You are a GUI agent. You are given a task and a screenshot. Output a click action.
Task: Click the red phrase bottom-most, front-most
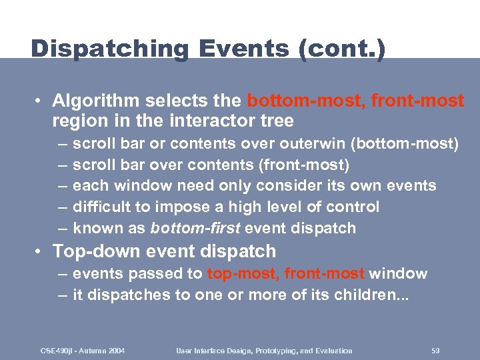click(355, 101)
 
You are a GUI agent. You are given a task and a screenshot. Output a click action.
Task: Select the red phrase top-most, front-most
click(286, 274)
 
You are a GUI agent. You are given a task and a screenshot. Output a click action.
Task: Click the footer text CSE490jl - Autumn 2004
click(83, 351)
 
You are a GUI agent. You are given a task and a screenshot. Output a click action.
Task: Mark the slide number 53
click(435, 351)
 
